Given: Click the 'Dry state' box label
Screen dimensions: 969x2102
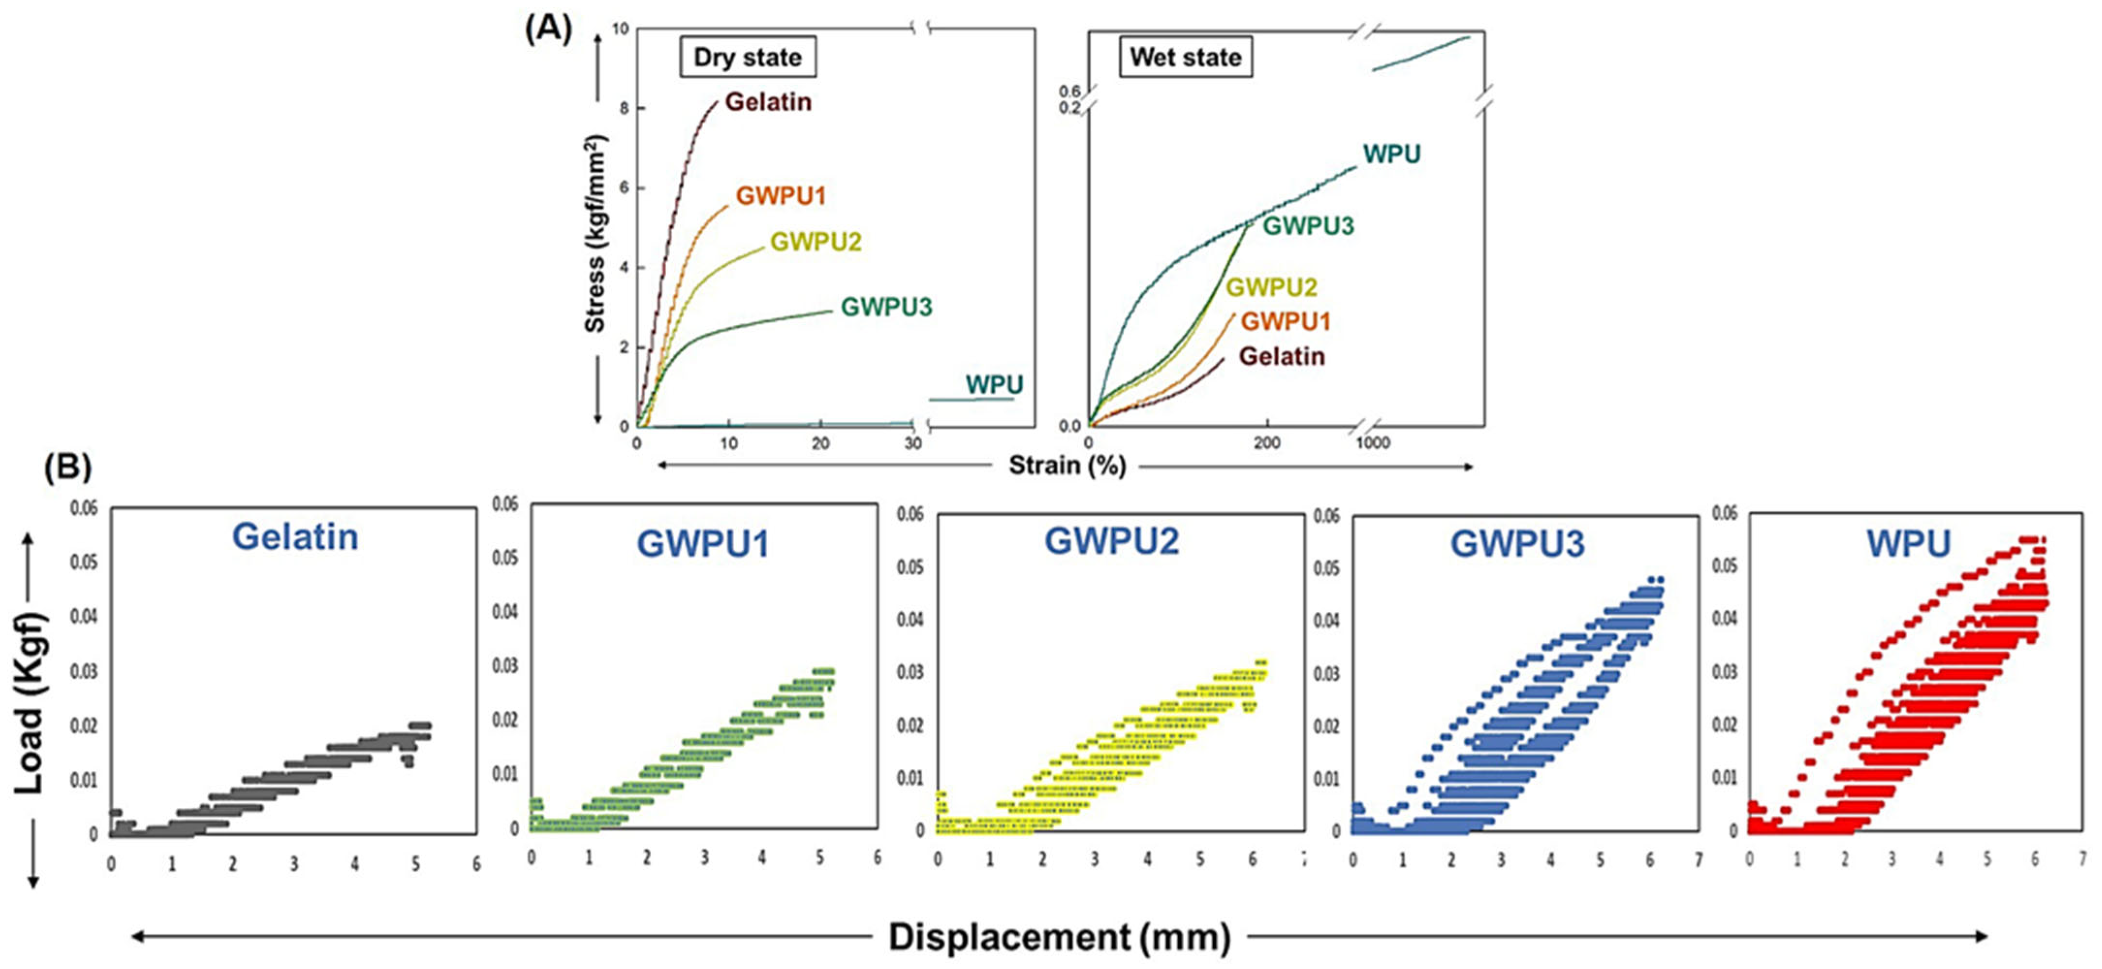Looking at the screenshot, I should (x=748, y=57).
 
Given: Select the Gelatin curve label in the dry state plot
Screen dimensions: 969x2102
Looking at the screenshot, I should (x=768, y=102).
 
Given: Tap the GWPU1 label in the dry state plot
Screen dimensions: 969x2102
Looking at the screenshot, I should (x=781, y=196).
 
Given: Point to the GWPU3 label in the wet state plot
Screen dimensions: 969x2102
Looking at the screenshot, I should (x=1308, y=226).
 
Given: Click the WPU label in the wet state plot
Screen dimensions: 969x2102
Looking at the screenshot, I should (x=1391, y=154).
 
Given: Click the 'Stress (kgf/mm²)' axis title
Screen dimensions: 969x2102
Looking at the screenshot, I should (x=595, y=234).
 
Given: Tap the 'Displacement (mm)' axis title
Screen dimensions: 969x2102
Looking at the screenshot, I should (x=1059, y=937).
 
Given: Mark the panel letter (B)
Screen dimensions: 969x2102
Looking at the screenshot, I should (x=68, y=467).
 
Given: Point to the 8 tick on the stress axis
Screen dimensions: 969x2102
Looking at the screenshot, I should (x=624, y=109).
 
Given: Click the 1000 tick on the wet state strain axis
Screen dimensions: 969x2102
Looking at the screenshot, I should (x=1372, y=443).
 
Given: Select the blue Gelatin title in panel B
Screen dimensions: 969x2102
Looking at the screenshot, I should (x=295, y=537).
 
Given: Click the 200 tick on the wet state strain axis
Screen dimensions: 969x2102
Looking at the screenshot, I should (x=1267, y=443).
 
